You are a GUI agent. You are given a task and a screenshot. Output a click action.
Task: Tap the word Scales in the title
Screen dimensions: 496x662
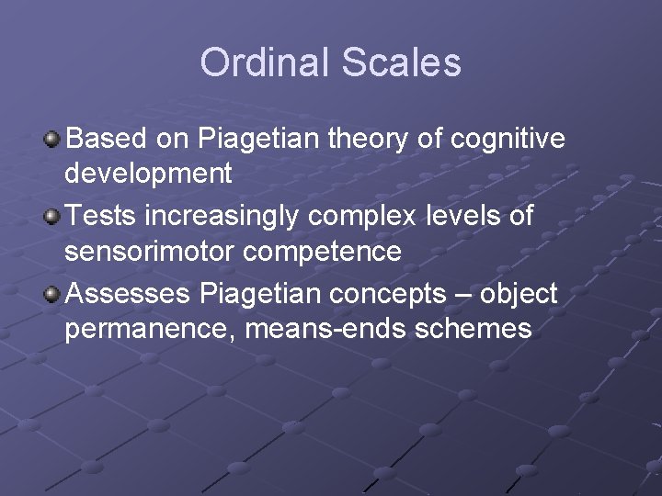point(401,62)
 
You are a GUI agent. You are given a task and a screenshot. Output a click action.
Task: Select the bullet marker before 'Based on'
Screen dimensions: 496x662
point(53,140)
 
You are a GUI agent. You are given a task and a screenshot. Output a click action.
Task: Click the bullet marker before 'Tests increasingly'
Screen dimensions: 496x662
point(53,218)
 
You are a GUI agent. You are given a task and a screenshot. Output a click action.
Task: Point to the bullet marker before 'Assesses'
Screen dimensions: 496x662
point(53,295)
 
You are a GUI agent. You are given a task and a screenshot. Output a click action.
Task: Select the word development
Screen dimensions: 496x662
point(148,174)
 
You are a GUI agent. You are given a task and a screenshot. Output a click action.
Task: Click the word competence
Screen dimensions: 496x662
point(321,251)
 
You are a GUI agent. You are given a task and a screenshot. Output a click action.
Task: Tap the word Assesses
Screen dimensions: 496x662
point(129,294)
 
